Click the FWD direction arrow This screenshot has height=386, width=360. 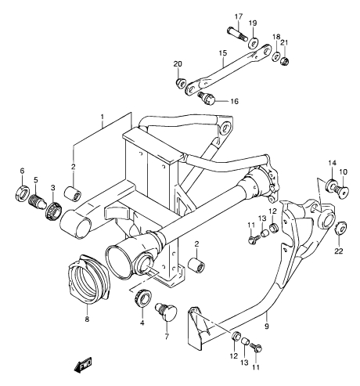coord(83,365)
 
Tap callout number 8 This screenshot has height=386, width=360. coord(87,319)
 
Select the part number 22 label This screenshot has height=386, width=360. coord(339,251)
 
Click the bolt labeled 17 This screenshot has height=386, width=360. coord(237,34)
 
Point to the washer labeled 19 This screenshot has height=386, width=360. coord(253,42)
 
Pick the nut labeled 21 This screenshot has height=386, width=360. coord(285,61)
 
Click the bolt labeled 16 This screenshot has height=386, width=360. coord(207,98)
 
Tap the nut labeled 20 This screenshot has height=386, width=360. coord(181,82)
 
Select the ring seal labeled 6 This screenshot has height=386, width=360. coord(22,193)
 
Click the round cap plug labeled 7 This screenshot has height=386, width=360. coord(166,312)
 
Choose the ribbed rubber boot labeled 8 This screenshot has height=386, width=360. coord(88,280)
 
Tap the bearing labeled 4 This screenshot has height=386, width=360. coord(142,298)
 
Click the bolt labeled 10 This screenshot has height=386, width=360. coord(340,190)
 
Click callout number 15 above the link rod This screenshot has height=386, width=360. coord(223,53)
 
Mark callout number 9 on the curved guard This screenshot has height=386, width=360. coord(266,326)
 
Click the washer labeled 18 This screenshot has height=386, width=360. coord(276,56)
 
